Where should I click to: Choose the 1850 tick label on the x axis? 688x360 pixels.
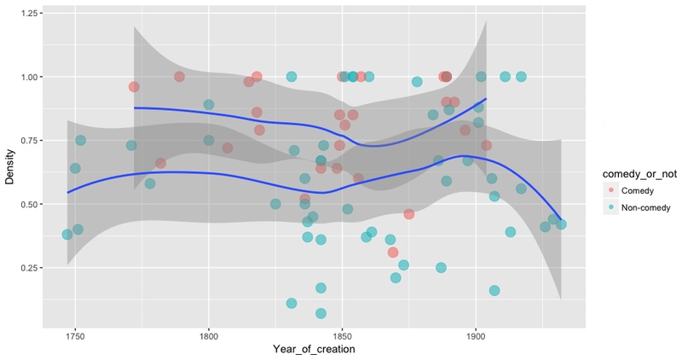pyautogui.click(x=342, y=336)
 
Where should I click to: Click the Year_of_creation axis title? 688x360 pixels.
pyautogui.click(x=314, y=350)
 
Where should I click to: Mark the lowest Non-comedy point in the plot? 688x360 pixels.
pyautogui.click(x=321, y=314)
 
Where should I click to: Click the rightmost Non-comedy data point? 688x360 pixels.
pyautogui.click(x=561, y=224)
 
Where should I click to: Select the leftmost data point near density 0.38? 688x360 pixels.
pyautogui.click(x=67, y=235)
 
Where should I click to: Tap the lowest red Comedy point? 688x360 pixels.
pyautogui.click(x=393, y=253)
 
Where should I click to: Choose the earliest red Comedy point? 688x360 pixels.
pyautogui.click(x=134, y=87)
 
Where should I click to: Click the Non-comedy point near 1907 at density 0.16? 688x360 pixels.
pyautogui.click(x=494, y=291)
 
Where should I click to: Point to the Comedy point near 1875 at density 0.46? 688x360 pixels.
pyautogui.click(x=409, y=214)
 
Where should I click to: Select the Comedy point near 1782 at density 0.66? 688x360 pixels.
pyautogui.click(x=160, y=163)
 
